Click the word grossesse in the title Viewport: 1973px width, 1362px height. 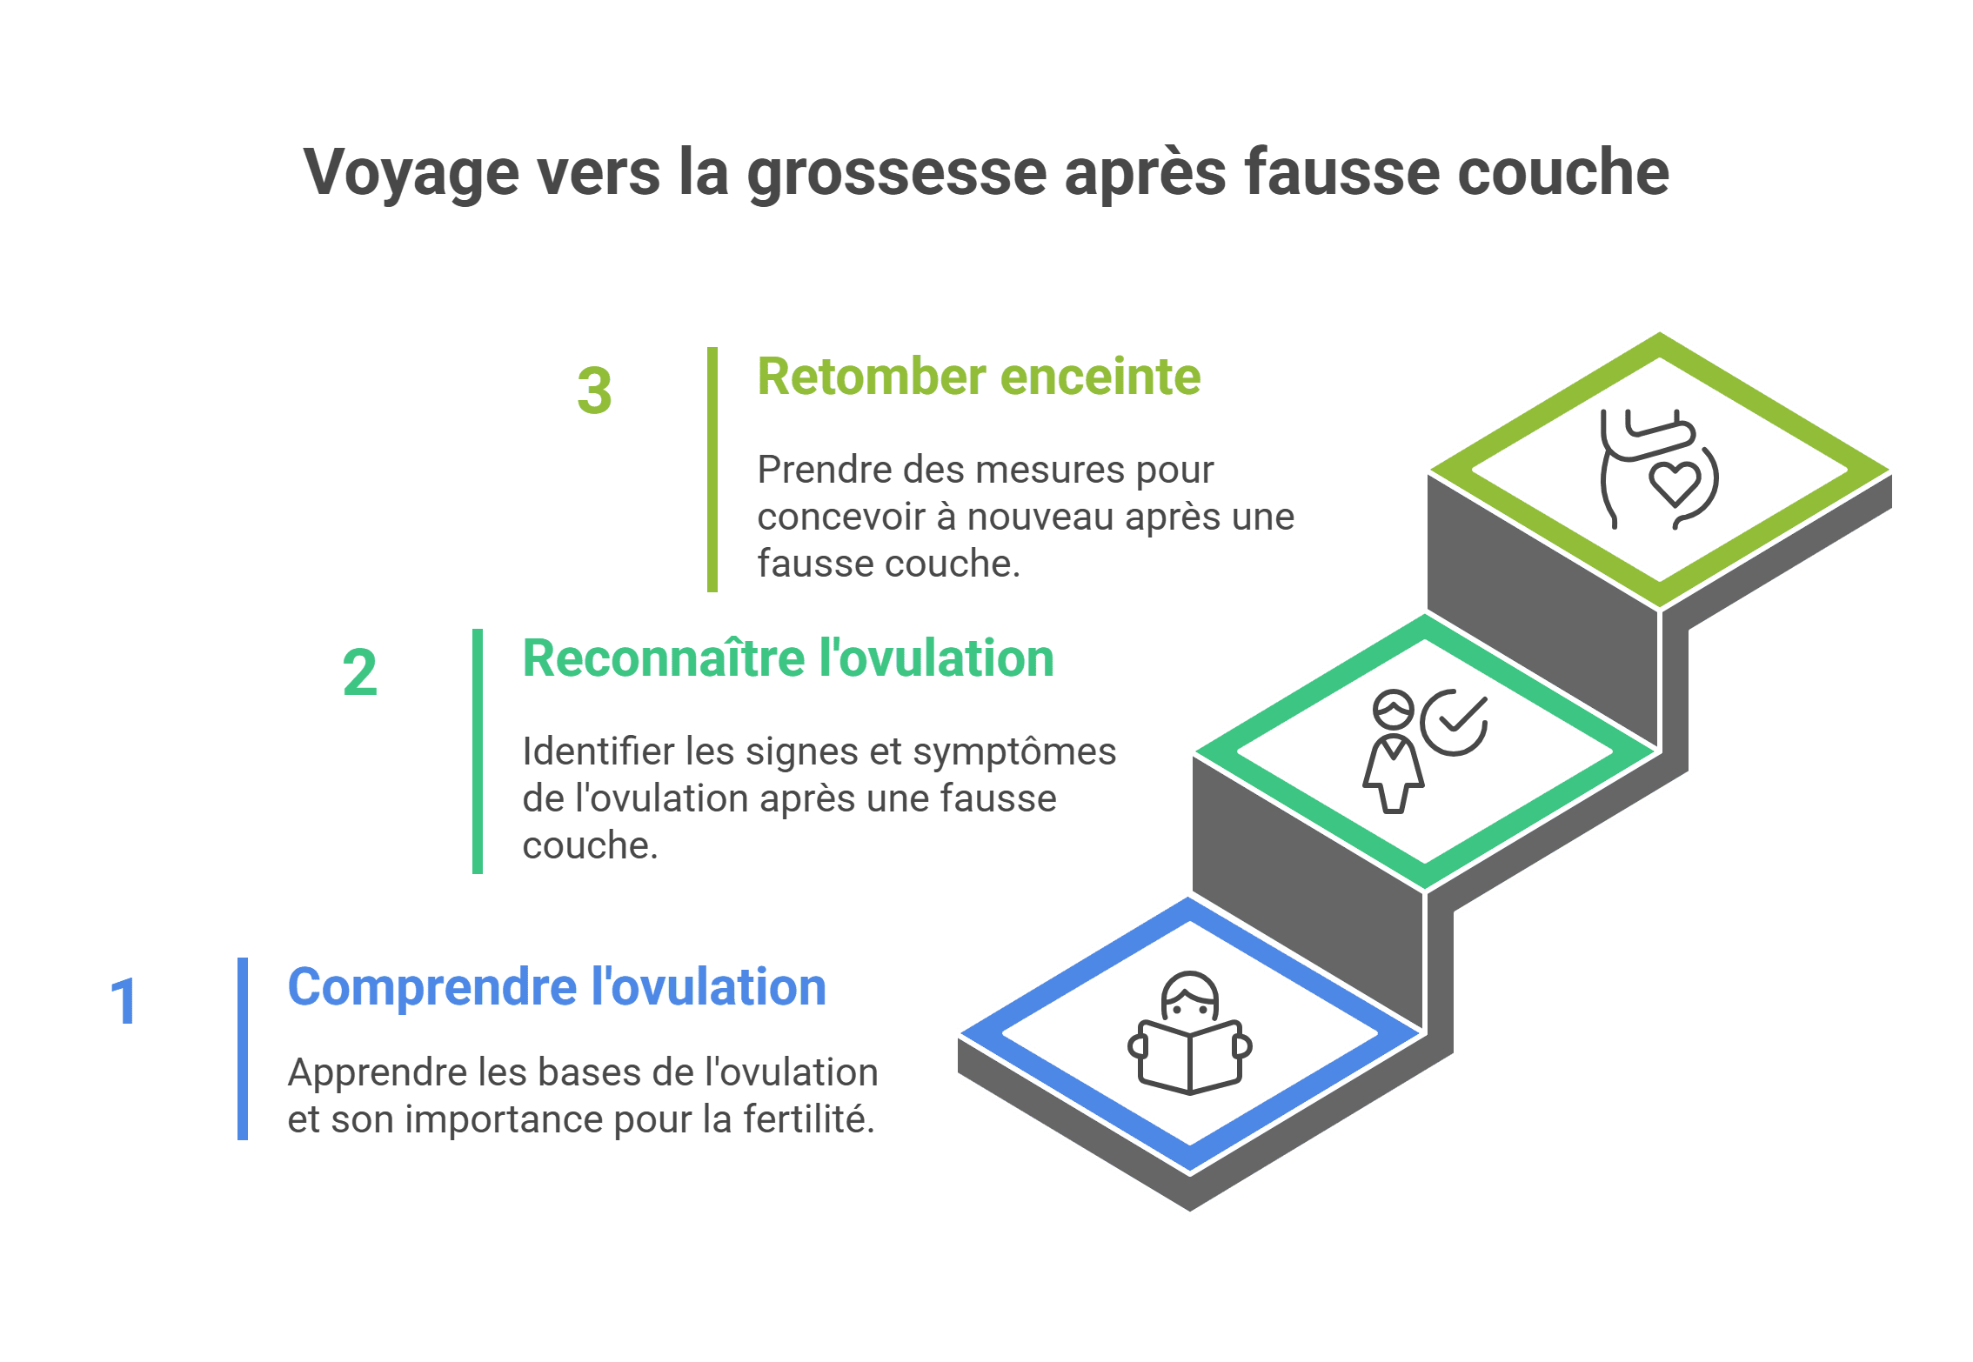tap(897, 174)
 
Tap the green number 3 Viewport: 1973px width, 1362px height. tap(594, 391)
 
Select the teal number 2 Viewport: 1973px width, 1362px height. tap(359, 672)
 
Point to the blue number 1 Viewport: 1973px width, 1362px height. tap(124, 1001)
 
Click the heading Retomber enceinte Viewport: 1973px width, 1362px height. tap(979, 377)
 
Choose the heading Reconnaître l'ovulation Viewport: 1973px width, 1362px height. tap(788, 658)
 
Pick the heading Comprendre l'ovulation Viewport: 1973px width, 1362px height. tap(557, 987)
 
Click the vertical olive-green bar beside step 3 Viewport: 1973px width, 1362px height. tap(712, 470)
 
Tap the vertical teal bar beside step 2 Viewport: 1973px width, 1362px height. tap(477, 751)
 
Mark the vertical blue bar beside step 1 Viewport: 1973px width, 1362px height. tap(243, 1048)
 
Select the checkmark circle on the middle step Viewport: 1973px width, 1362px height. tap(1454, 723)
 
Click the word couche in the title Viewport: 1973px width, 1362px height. tap(1562, 174)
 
